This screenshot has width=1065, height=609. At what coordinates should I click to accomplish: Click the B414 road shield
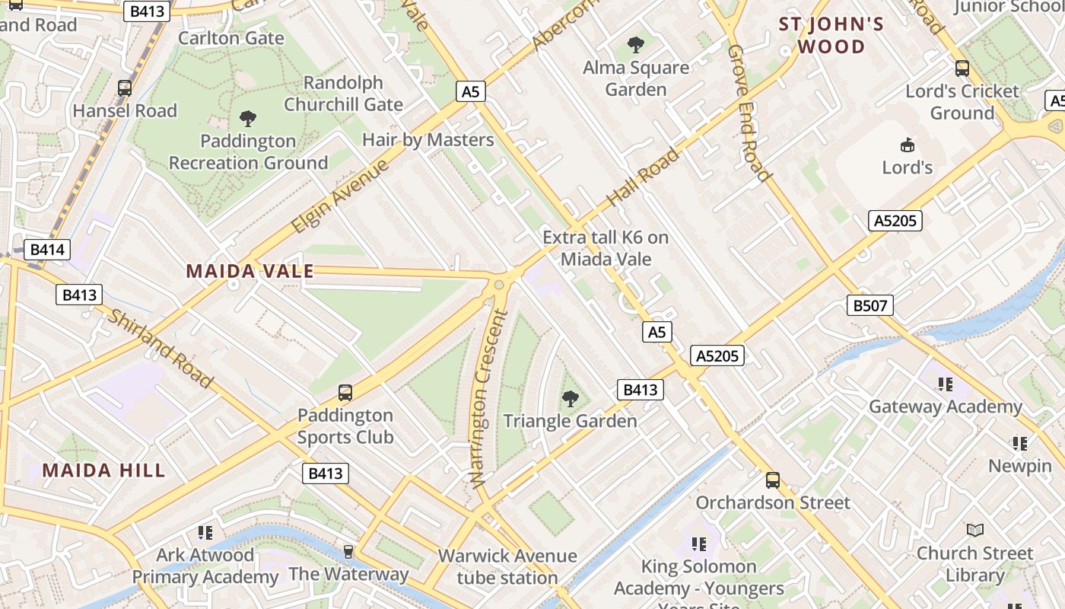48,250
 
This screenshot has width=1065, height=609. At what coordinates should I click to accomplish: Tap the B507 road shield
869,306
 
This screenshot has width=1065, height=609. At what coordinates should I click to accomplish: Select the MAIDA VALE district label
250,271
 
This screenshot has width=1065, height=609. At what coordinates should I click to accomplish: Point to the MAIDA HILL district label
103,470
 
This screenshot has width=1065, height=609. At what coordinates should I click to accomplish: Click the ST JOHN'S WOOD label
831,35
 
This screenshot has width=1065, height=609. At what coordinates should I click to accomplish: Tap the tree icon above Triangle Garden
570,398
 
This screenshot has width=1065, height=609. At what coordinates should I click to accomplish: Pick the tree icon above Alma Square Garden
636,45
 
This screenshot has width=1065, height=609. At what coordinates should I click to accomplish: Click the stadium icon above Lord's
907,145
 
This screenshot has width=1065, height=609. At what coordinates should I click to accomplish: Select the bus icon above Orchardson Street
773,480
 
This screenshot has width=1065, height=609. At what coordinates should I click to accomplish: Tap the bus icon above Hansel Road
125,88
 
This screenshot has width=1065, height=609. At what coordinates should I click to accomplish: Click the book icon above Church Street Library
974,530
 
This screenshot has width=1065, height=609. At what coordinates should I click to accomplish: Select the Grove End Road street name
749,113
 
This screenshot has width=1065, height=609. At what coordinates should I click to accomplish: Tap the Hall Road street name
643,178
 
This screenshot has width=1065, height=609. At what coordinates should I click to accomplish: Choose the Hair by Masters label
428,140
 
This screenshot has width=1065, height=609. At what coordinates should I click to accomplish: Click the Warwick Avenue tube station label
507,566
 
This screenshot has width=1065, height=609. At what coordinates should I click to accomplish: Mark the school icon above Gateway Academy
946,384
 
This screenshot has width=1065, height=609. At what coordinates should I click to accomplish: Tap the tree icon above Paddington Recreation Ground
247,118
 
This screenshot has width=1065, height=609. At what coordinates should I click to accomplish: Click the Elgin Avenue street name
340,196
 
